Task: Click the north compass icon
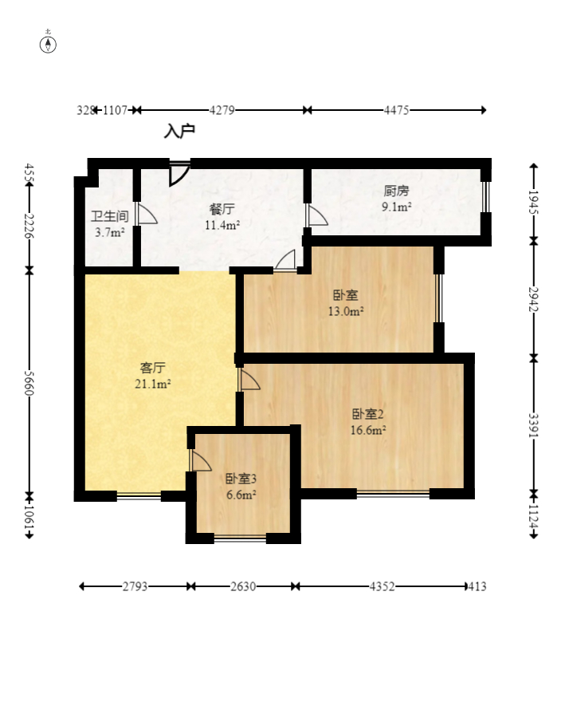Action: [49, 43]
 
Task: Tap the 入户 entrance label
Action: [179, 131]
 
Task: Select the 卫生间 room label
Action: [109, 216]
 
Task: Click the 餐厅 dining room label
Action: [222, 209]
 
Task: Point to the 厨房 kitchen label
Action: [396, 191]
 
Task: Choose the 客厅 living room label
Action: [153, 368]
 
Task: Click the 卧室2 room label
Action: [368, 414]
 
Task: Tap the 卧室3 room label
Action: [240, 479]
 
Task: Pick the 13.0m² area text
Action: [346, 312]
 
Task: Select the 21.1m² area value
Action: [153, 384]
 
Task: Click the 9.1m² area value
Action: [396, 207]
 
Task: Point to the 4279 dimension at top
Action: [222, 110]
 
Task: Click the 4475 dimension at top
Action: [396, 110]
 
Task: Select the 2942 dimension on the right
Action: [534, 299]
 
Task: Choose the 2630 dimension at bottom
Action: [243, 586]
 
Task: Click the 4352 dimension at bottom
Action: [380, 586]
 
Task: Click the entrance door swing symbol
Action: [179, 173]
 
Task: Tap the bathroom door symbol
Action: [146, 214]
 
